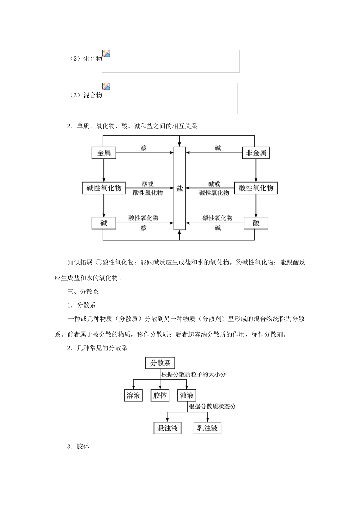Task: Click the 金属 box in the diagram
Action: pos(104,153)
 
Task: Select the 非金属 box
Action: pos(256,153)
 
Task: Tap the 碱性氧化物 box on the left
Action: pos(104,188)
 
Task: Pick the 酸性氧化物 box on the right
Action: pos(256,188)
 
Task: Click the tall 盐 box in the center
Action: pos(180,188)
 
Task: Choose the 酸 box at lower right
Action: pos(256,223)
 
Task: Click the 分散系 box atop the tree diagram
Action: pos(160,363)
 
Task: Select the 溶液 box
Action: pos(133,396)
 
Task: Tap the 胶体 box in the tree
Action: pos(160,396)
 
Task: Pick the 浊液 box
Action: pos(186,396)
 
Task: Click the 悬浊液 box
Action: pos(167,428)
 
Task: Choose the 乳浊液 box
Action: pos(207,428)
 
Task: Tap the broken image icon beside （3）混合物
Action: pos(106,86)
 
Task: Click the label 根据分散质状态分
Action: pos(212,406)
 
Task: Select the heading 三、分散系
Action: pos(83,292)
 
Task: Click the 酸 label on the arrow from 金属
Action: pos(144,148)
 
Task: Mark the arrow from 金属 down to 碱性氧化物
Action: pos(104,170)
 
